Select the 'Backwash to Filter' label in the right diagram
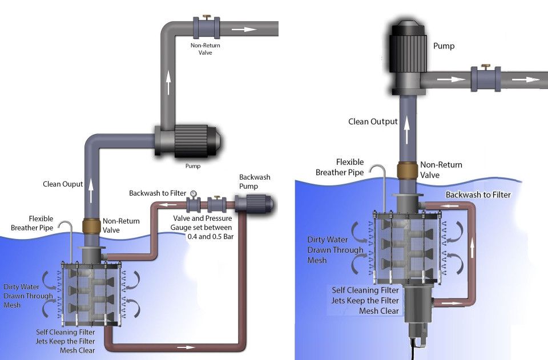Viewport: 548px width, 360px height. coord(478,195)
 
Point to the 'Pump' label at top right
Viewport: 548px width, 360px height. coord(444,46)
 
